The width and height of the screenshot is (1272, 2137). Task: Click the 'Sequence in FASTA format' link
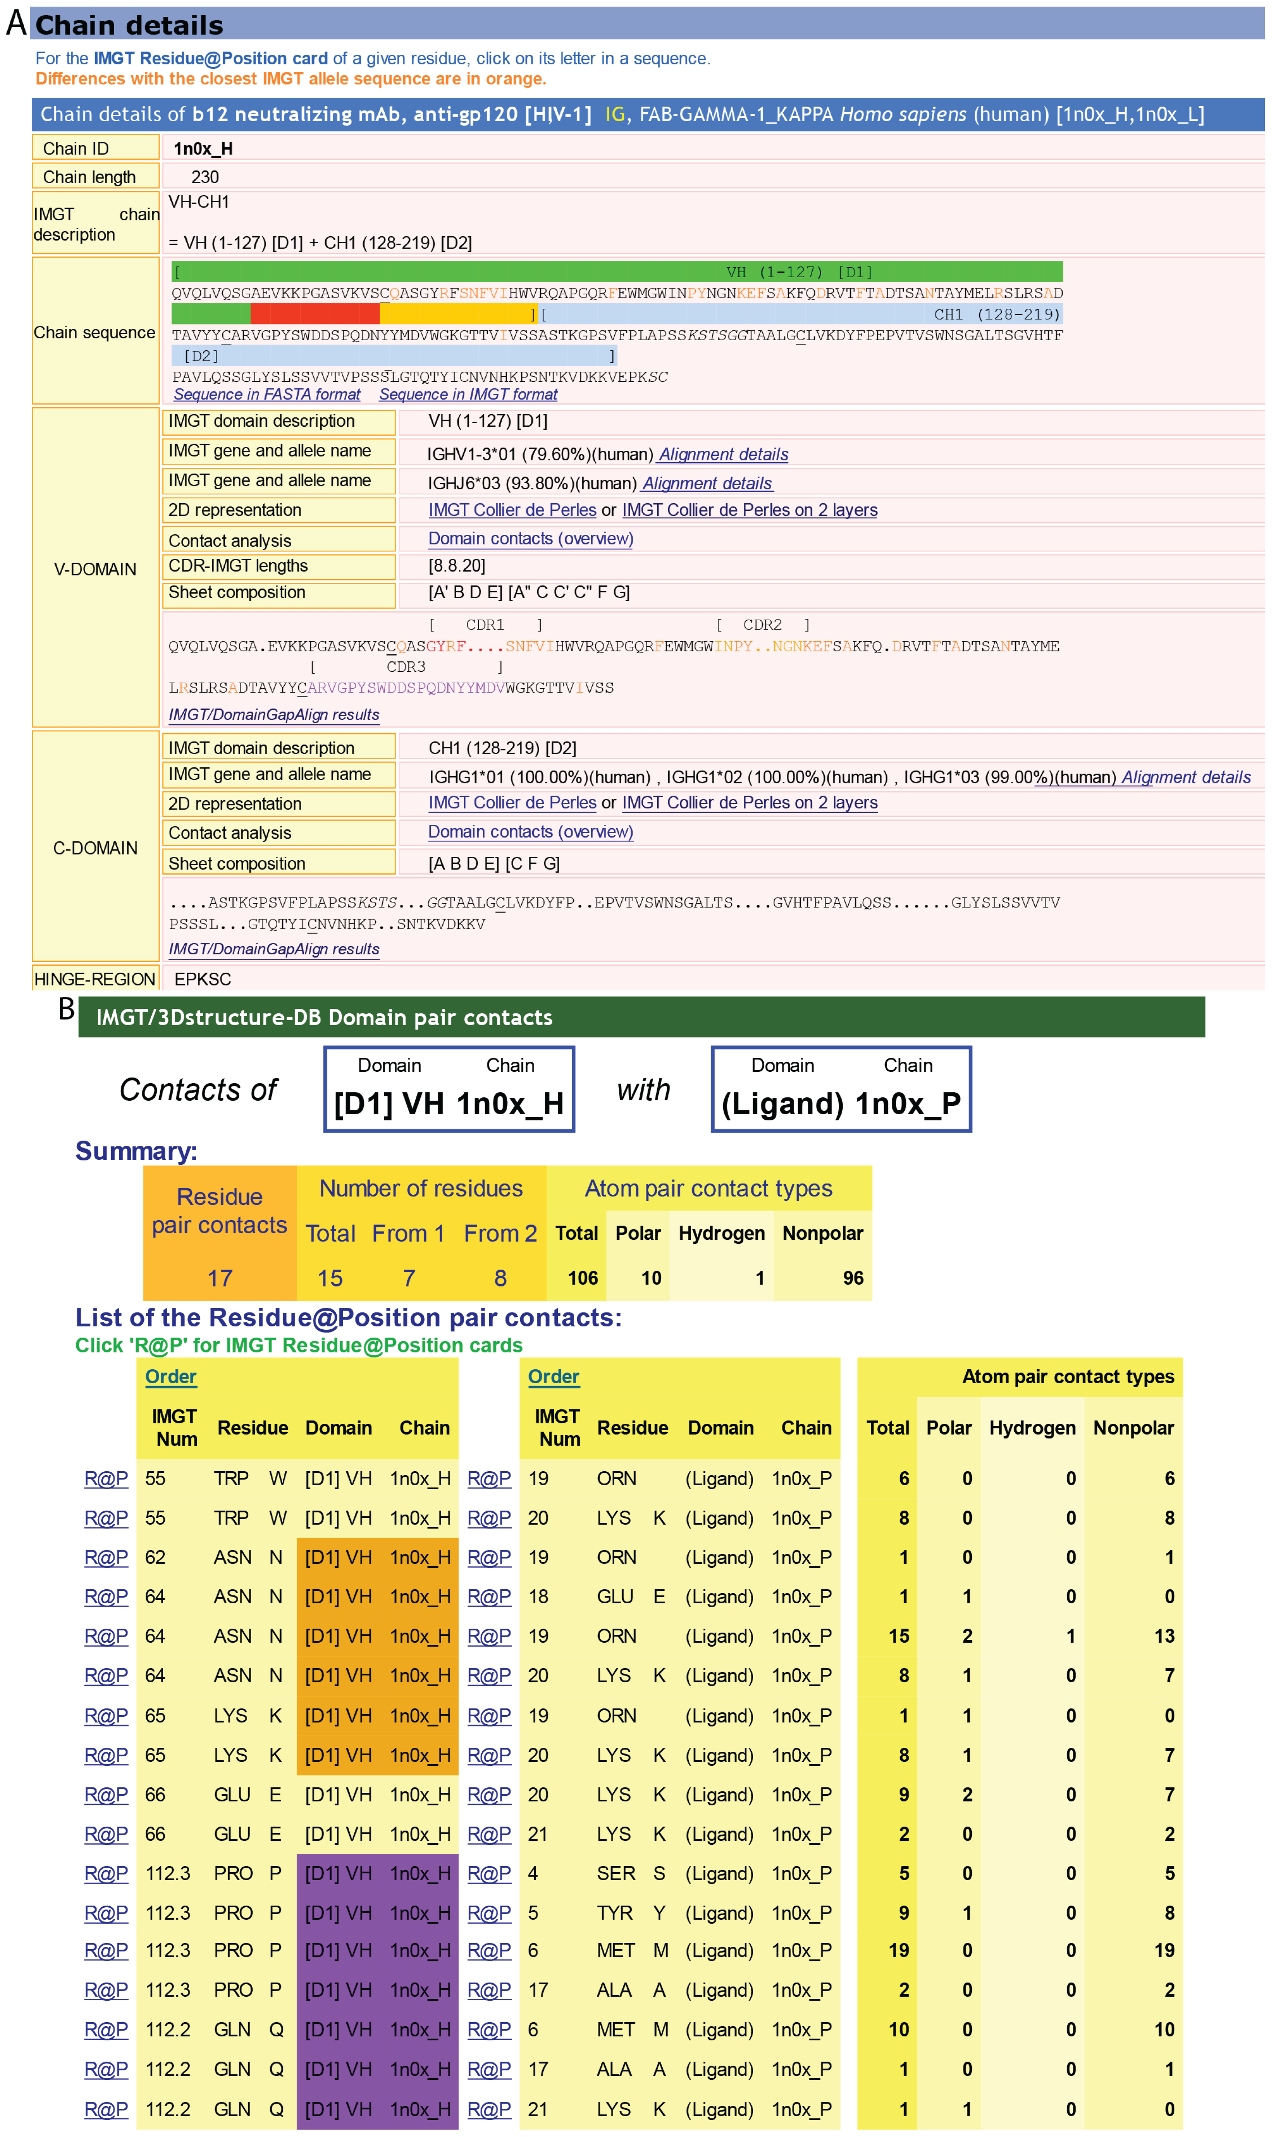(x=267, y=394)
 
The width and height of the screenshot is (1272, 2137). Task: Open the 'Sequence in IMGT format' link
(x=468, y=394)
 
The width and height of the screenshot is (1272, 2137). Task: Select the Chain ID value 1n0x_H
(x=203, y=148)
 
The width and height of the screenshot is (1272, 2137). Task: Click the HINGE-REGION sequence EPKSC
(x=202, y=978)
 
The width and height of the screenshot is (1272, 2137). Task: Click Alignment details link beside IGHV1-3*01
(x=723, y=454)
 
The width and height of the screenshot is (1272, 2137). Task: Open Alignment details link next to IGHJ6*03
(x=707, y=483)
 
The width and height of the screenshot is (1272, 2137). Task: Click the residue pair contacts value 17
(x=219, y=1277)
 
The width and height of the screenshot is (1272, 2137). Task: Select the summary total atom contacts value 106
(x=583, y=1277)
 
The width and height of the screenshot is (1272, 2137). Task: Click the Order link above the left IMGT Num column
(x=171, y=1376)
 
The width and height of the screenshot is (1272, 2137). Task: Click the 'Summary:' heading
(x=136, y=1150)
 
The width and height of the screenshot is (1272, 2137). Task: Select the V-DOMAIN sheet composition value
(x=529, y=592)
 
